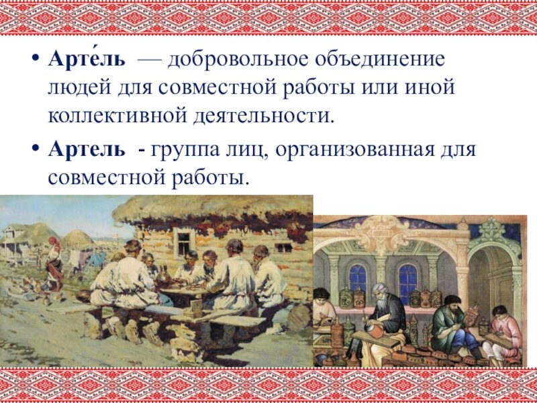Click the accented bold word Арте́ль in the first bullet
pos(87,59)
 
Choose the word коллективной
pos(117,116)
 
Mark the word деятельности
pos(263,117)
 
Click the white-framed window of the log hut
pos(184,242)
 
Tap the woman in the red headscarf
pos(54,264)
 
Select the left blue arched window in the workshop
pos(358,277)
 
